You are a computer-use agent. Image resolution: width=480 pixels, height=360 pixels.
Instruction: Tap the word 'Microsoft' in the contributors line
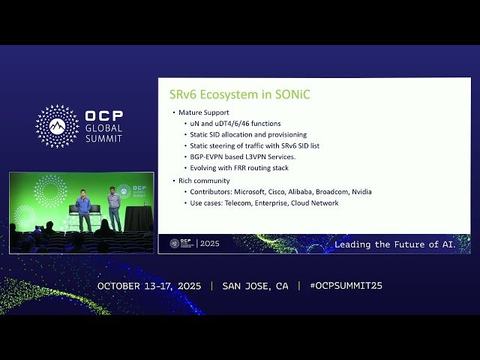tap(244, 192)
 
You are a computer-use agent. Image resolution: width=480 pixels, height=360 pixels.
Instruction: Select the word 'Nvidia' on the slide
tap(359, 192)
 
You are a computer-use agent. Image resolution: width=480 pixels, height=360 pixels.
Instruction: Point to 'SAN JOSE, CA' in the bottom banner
tap(255, 286)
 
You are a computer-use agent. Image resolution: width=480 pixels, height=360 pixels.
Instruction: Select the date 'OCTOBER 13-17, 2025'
tap(150, 286)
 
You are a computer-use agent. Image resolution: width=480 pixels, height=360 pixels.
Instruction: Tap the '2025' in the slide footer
tap(210, 244)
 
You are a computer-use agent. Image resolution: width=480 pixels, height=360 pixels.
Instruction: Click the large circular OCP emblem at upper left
tap(57, 126)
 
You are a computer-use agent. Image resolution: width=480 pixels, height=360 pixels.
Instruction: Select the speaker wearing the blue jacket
tap(84, 209)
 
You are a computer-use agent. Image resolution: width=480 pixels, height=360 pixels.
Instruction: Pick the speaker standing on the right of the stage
tap(113, 209)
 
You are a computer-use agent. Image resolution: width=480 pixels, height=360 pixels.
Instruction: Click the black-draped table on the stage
tap(138, 218)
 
